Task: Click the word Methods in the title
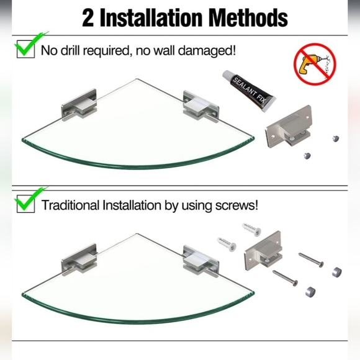pos(249,18)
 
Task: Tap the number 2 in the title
pos(88,19)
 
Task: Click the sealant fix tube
pos(249,92)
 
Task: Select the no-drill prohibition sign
pos(315,64)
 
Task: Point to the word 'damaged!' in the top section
pos(207,50)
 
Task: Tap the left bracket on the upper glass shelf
pos(79,105)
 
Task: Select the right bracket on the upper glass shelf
pos(200,106)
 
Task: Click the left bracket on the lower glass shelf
pos(79,260)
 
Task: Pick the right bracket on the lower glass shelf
pos(200,261)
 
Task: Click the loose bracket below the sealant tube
pos(289,127)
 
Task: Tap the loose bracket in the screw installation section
pos(263,251)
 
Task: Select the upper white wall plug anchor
pos(252,229)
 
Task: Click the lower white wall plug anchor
pos(227,244)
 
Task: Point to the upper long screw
pos(311,260)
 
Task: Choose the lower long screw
pos(286,278)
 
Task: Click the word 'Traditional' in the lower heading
pos(71,205)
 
